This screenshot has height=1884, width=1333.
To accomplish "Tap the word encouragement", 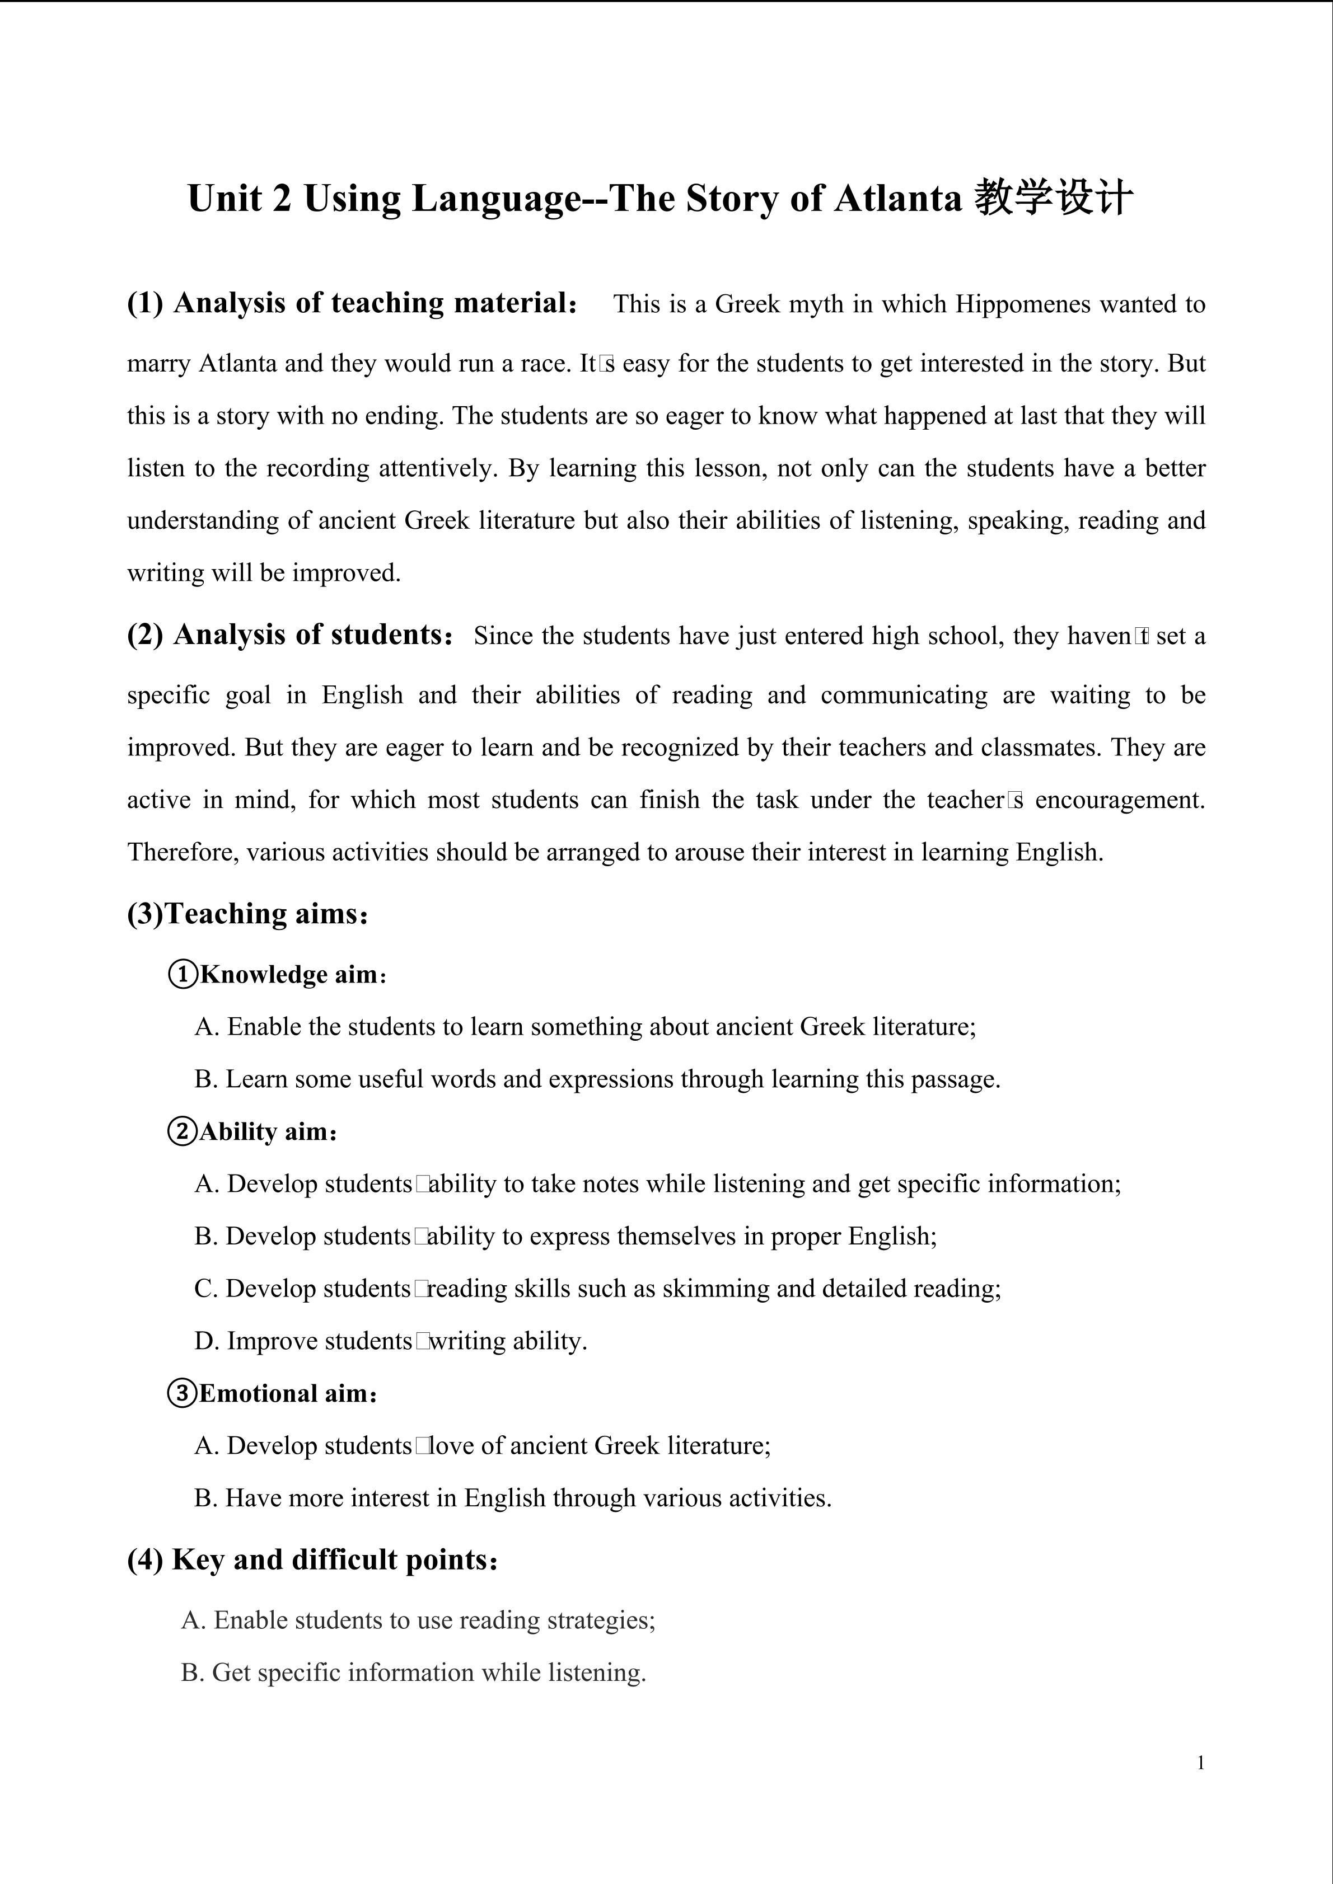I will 1120,800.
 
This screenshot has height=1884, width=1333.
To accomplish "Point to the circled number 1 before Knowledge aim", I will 182,975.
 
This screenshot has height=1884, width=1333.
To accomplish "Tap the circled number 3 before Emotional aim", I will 182,1393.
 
